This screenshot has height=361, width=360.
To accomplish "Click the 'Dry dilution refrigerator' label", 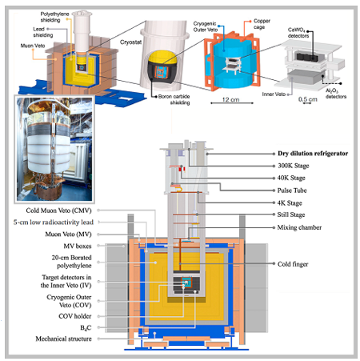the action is tap(313, 154).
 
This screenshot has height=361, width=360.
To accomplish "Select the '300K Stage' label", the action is tap(294, 166).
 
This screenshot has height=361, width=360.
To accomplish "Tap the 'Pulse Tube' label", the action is tap(292, 191).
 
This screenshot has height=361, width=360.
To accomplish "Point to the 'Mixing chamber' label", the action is tap(299, 227).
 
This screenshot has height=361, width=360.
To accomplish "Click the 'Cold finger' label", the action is tap(293, 264).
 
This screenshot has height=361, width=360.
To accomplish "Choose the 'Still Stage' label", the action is tap(291, 215).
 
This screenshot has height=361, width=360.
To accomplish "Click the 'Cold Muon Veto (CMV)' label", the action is tap(58, 211).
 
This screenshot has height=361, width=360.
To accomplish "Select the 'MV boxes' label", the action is tap(78, 246).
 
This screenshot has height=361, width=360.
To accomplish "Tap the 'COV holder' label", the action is tap(75, 316).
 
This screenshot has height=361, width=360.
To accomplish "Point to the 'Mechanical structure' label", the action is tap(63, 339).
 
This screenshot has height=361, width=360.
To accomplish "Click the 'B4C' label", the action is tap(86, 327).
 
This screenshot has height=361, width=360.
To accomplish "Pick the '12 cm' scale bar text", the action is tap(231, 99).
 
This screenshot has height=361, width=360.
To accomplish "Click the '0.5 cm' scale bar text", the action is tap(308, 99).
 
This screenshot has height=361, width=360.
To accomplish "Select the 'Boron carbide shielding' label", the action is tap(174, 99).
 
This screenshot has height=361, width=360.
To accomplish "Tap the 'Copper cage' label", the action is tap(262, 24).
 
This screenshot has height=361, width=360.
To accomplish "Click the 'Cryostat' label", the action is tap(130, 42).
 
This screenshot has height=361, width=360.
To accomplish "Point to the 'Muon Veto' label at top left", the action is tap(33, 46).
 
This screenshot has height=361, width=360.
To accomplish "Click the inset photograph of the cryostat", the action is tap(54, 149).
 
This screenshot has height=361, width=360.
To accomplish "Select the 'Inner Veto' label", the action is tap(274, 94).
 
